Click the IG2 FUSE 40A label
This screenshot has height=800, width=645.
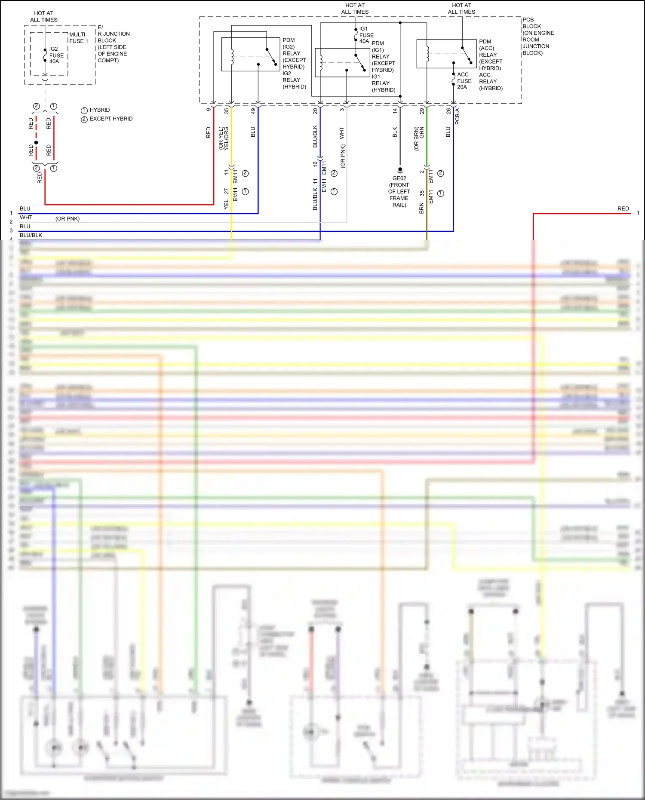56,55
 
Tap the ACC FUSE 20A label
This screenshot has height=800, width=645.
464,81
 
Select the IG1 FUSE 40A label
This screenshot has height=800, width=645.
366,35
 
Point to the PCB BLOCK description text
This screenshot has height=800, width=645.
537,37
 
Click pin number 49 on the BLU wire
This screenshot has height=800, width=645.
253,111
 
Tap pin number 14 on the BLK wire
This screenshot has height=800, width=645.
395,111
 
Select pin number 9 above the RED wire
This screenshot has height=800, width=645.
209,110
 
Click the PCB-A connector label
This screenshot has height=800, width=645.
457,116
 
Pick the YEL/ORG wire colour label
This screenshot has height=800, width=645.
226,138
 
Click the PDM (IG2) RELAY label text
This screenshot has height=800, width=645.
294,53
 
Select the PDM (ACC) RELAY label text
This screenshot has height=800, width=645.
490,55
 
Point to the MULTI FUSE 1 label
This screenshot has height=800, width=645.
78,38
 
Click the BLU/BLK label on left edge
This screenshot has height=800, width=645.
31,235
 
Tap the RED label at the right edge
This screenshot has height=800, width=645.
623,208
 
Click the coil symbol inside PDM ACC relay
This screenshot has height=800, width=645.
427,54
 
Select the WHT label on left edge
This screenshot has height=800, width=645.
26,218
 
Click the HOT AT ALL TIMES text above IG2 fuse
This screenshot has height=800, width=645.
44,16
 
